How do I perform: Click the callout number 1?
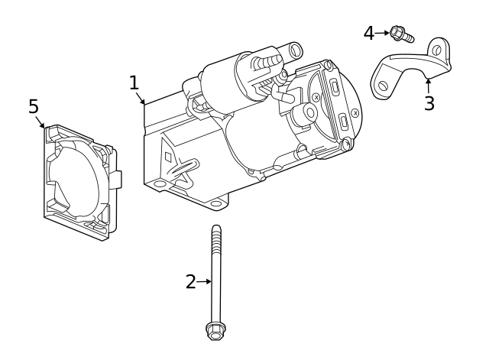[134, 83]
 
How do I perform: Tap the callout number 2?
[190, 281]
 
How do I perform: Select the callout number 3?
[429, 104]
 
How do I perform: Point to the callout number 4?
[369, 33]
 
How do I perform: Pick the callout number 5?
[34, 106]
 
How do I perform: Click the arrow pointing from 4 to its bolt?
[382, 33]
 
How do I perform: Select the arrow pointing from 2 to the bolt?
[204, 281]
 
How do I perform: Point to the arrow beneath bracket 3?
[428, 86]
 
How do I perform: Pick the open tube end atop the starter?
[294, 51]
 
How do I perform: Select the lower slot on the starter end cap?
[345, 122]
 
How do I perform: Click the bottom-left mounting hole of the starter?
[159, 184]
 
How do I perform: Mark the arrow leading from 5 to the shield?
[40, 121]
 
